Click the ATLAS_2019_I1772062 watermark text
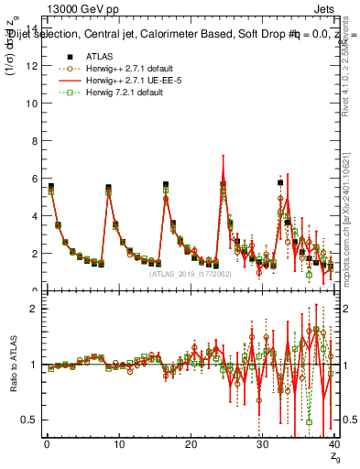click(x=189, y=273)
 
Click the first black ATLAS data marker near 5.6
click(x=50, y=186)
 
